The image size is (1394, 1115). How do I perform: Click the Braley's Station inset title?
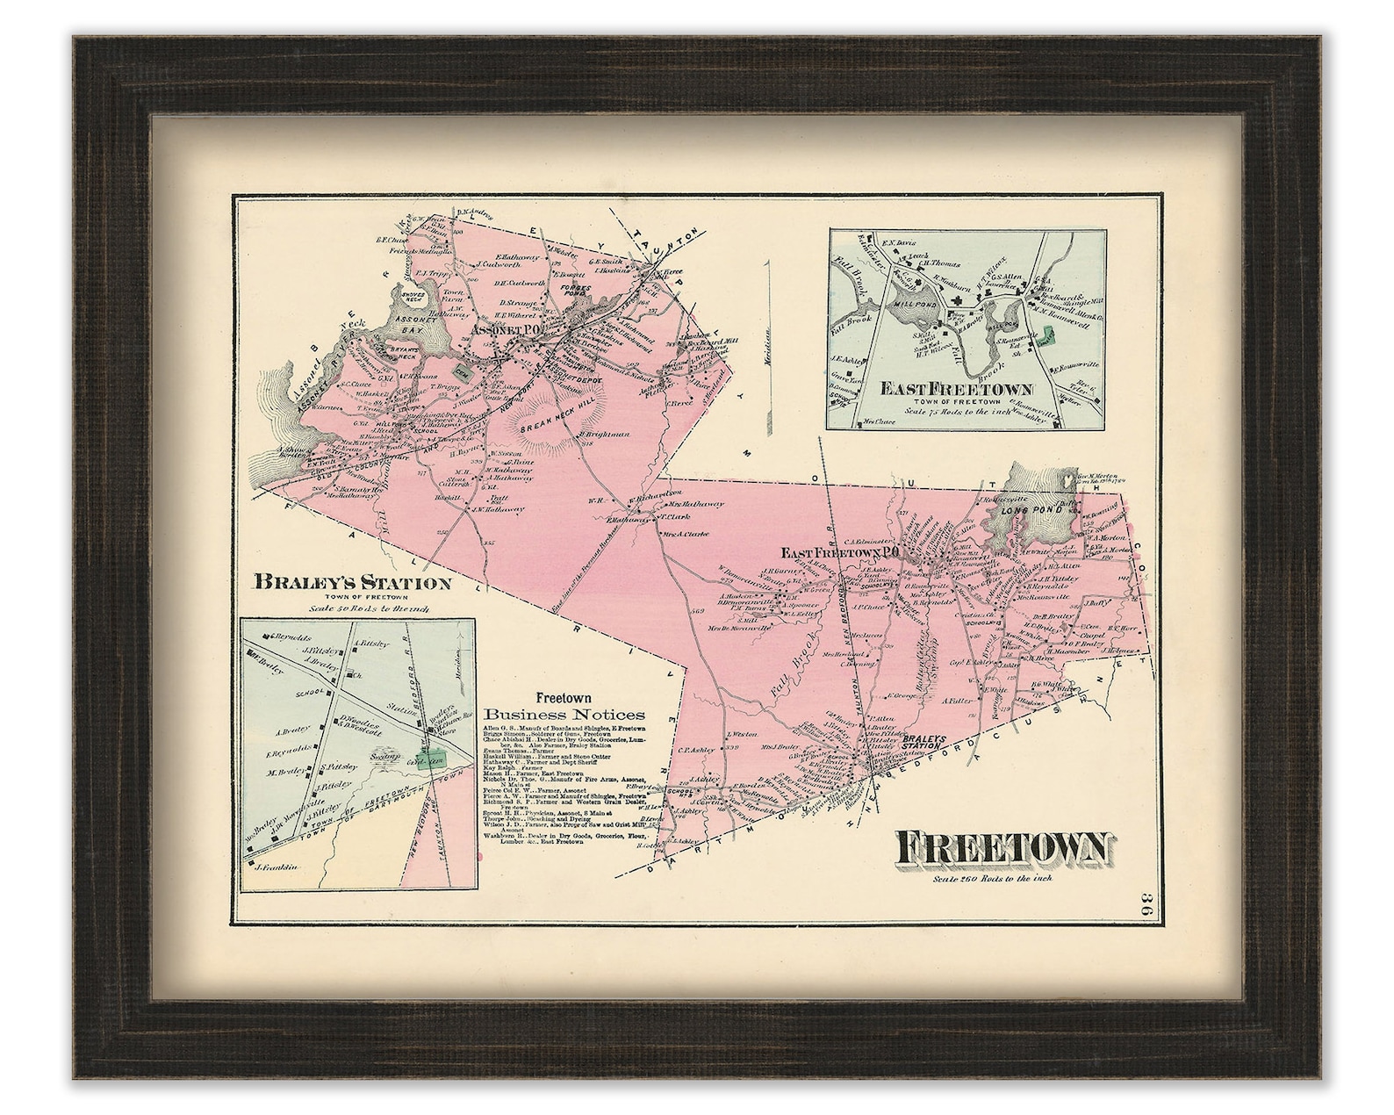352,582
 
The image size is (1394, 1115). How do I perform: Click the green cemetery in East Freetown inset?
1049,337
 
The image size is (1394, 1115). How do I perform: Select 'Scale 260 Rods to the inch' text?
993,879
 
